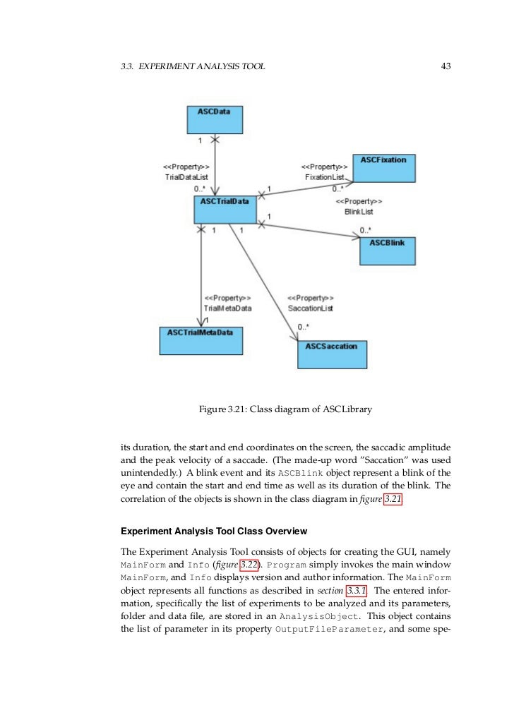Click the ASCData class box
click(214, 120)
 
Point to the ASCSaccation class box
click(332, 354)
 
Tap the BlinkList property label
click(359, 211)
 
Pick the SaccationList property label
click(311, 308)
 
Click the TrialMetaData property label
click(227, 308)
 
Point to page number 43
click(446, 67)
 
